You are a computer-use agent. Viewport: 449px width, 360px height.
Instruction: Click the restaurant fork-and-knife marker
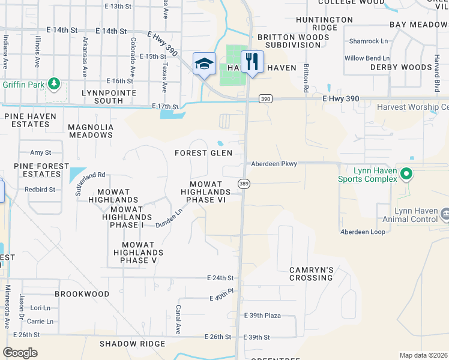pos(252,61)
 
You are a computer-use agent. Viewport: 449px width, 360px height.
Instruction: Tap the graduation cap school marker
pos(204,64)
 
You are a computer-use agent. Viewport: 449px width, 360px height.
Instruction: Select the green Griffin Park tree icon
pos(55,83)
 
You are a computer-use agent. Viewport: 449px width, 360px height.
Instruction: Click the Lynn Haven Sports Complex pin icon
pos(406,174)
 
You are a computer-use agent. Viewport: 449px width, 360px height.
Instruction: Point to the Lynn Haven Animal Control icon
pos(445,214)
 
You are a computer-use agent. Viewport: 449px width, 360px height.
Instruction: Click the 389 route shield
pos(244,183)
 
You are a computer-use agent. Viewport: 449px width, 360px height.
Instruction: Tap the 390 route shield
pos(265,98)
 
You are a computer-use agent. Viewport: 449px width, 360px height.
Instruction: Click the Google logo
pos(20,352)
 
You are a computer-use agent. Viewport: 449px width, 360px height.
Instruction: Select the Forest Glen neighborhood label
pos(203,153)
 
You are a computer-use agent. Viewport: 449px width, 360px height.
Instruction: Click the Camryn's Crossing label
pos(311,274)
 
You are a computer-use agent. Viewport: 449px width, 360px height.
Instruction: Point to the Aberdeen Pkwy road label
pos(274,164)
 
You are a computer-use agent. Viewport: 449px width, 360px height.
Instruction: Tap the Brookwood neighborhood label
pos(82,294)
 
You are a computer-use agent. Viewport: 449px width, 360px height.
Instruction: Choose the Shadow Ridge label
pos(132,344)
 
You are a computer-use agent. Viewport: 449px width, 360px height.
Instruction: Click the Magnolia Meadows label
pos(91,131)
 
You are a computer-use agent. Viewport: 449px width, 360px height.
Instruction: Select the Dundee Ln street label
pos(169,218)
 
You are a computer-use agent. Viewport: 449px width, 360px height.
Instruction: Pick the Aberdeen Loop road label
pos(363,232)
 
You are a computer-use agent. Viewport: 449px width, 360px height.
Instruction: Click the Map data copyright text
pos(423,355)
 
